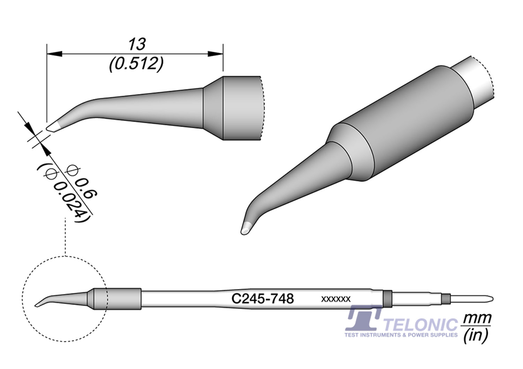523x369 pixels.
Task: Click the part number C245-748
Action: [x=263, y=299]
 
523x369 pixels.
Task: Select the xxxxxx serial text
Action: [x=336, y=299]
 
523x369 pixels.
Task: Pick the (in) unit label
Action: [x=476, y=336]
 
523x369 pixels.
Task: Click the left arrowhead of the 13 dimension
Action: [x=54, y=54]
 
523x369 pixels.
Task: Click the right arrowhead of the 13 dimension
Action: [x=215, y=54]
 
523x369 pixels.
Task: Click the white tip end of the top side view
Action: [x=53, y=127]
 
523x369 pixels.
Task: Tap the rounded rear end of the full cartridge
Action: [x=491, y=299]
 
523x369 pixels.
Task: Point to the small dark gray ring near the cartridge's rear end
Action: [x=446, y=299]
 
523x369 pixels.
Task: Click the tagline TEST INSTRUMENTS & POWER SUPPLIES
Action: [x=401, y=335]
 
